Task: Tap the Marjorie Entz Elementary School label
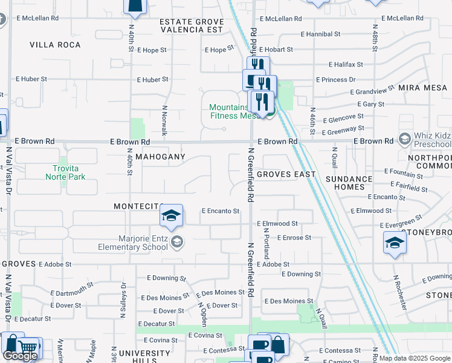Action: [x=134, y=243]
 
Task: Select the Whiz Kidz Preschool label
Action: [x=433, y=140]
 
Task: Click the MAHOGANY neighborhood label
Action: [x=160, y=157]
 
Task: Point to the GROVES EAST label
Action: [x=286, y=174]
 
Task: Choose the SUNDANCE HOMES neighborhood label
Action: [x=349, y=183]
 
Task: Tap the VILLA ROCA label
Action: [x=55, y=45]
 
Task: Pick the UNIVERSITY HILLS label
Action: [x=144, y=357]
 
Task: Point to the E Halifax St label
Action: [x=346, y=64]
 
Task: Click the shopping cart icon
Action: [x=27, y=347]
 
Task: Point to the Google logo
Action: [x=20, y=356]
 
